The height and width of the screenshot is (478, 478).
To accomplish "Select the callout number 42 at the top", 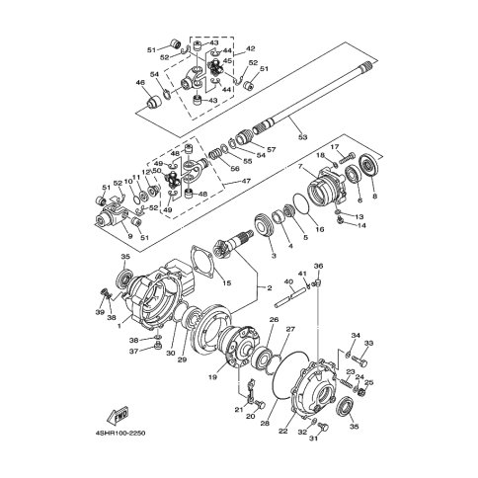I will click(251, 47).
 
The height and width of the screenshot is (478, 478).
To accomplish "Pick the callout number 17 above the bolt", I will click(335, 147).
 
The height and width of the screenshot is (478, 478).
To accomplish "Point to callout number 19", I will click(210, 375).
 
